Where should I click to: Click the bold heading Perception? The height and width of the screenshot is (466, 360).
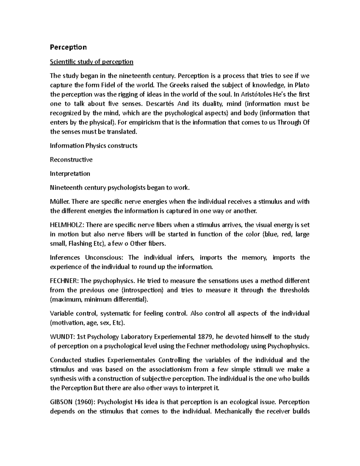[68, 47]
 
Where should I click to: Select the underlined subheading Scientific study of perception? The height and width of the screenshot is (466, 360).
[91, 62]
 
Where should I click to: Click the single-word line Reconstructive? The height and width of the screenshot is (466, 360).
[71, 160]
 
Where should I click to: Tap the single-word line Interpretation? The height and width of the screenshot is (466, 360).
[70, 174]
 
